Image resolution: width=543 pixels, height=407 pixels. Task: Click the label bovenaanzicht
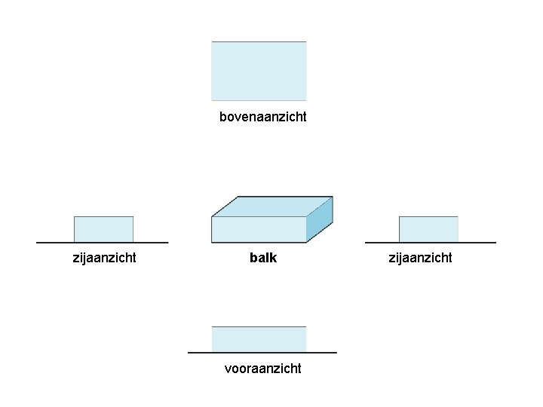(x=262, y=117)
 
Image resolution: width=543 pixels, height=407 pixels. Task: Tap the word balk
(x=263, y=258)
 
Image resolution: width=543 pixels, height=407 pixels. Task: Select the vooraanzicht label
(x=262, y=369)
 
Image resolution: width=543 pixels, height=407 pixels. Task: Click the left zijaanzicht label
(x=104, y=258)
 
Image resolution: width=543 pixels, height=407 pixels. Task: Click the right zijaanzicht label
(x=420, y=258)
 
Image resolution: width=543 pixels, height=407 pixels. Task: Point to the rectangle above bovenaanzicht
(x=259, y=71)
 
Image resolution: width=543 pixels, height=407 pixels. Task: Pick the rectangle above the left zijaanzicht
(x=103, y=229)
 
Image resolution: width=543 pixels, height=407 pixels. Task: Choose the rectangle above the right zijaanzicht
(x=428, y=229)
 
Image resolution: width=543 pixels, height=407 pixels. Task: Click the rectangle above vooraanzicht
(x=259, y=339)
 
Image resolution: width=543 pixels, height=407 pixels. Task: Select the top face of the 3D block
(x=271, y=206)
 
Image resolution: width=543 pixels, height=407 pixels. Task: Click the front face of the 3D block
(x=259, y=230)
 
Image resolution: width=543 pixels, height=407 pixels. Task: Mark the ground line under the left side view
(x=102, y=243)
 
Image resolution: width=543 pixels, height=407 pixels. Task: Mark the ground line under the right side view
(x=431, y=243)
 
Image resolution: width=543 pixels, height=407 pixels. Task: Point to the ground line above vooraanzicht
(x=262, y=352)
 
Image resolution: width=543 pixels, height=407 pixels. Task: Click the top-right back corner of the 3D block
(x=333, y=197)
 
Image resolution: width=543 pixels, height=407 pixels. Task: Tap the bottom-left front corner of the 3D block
(x=212, y=243)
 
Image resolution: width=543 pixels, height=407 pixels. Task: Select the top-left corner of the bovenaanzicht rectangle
(x=212, y=41)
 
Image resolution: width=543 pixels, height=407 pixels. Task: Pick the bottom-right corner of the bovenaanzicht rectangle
(x=306, y=100)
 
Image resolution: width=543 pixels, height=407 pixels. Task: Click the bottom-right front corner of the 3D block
(x=306, y=243)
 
